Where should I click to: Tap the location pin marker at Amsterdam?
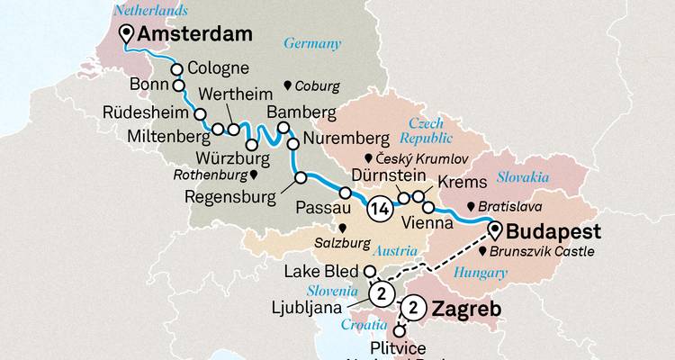click(x=128, y=35)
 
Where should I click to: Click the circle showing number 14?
click(x=379, y=211)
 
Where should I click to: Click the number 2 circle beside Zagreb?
click(x=414, y=308)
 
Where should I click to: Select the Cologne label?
click(x=220, y=69)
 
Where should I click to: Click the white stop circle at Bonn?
click(x=178, y=87)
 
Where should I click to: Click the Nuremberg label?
click(x=346, y=139)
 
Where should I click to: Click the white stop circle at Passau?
click(x=345, y=193)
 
